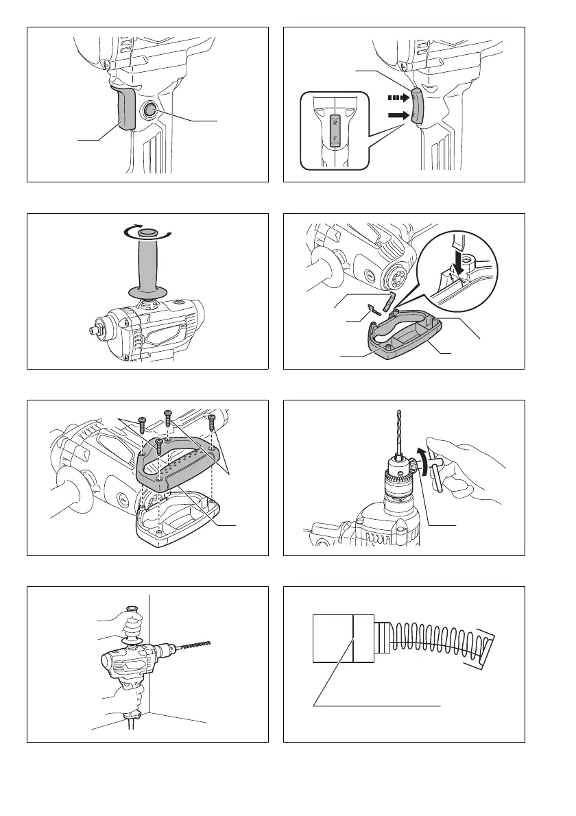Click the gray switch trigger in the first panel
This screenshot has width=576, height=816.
pos(126,108)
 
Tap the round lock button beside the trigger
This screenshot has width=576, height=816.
pos(150,110)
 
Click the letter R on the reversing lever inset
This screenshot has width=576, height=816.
pos(335,123)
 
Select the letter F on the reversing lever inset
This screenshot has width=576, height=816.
pos(335,138)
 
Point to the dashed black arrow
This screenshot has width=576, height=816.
pos(398,97)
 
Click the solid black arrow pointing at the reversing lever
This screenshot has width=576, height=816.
pos(398,115)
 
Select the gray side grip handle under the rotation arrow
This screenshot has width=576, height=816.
pos(149,265)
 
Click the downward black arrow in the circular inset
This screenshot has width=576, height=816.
pos(459,259)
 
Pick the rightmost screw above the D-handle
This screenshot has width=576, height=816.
pos(211,422)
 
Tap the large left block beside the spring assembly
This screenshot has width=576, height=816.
pos(333,638)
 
